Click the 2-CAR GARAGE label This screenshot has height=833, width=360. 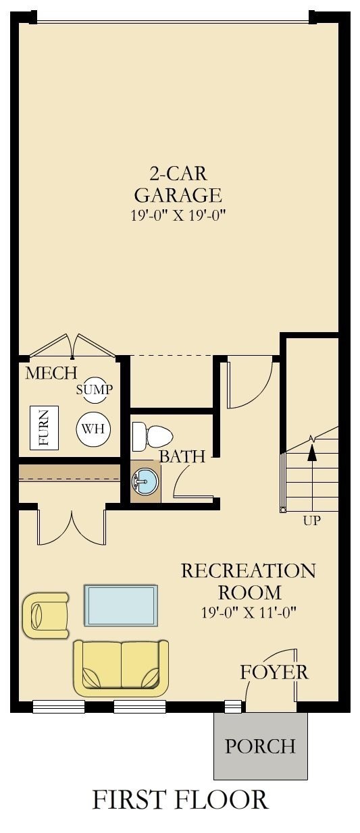pyautogui.click(x=178, y=185)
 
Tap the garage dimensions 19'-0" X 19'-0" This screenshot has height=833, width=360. pyautogui.click(x=178, y=216)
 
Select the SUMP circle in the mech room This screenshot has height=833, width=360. pyautogui.click(x=95, y=389)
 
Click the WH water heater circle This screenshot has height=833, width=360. pyautogui.click(x=93, y=429)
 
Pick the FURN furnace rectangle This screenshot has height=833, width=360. pyautogui.click(x=44, y=428)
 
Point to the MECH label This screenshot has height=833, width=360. pyautogui.click(x=51, y=373)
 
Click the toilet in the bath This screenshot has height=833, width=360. pyautogui.click(x=152, y=437)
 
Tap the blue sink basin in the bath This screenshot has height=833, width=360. pyautogui.click(x=145, y=481)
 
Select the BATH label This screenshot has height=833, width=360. pyautogui.click(x=182, y=456)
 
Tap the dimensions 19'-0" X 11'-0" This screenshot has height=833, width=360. pyautogui.click(x=249, y=612)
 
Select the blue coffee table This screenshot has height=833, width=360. pyautogui.click(x=121, y=606)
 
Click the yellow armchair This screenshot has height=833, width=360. pyautogui.click(x=45, y=615)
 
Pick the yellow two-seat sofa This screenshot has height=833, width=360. pyautogui.click(x=121, y=667)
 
